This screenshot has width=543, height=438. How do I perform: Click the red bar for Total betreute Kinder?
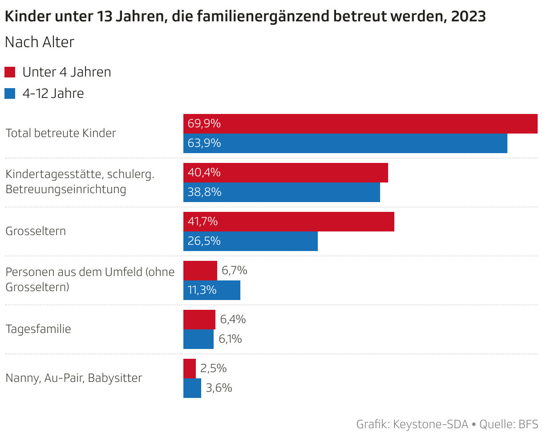point(361,124)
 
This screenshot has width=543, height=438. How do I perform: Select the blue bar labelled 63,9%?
point(345,143)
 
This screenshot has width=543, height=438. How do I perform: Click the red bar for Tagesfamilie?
point(199,320)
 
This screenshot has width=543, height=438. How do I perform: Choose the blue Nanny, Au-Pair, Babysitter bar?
point(192,388)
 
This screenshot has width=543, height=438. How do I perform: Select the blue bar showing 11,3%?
point(212,290)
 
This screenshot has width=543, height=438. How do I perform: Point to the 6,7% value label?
point(235,271)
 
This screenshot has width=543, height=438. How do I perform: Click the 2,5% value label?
point(214,369)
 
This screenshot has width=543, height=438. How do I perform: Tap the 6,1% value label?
point(230,339)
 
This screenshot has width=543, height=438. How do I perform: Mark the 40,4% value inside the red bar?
point(204,173)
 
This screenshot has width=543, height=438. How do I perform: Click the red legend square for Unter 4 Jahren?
point(10,72)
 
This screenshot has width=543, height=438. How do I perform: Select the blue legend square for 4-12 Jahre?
point(10,93)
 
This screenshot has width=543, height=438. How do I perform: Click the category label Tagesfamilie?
point(38,329)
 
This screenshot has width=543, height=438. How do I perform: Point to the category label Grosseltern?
point(36,231)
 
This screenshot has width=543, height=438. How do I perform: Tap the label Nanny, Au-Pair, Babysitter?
point(74,378)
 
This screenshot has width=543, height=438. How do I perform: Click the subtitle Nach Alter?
point(40,42)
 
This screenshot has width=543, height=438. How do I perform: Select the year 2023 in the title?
point(468,17)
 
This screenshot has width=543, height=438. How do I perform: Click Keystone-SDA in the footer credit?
point(431,425)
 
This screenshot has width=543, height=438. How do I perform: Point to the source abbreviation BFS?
point(528,425)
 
